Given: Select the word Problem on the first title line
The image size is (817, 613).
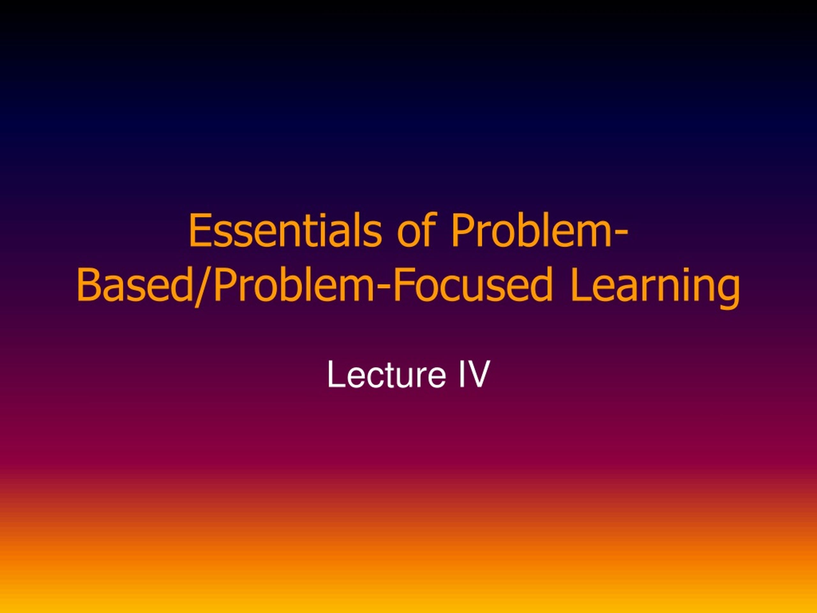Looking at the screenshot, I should [530, 231].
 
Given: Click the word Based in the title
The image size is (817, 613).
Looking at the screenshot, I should [135, 285].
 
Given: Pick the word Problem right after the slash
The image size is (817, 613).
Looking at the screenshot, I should [294, 285].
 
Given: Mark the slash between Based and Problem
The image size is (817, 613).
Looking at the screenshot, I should [204, 286].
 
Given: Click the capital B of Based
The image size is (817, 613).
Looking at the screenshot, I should [88, 285].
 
